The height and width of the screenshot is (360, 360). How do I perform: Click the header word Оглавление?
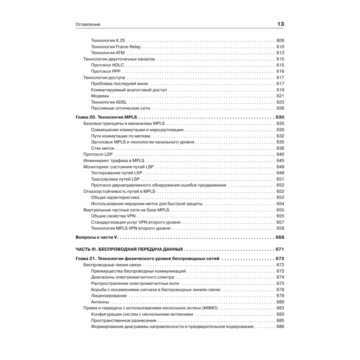[x=88, y=24]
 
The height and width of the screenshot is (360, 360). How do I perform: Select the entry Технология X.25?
[x=108, y=40]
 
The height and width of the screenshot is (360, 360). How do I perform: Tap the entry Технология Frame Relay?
[x=116, y=46]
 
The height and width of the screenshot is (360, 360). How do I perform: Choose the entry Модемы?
[x=100, y=96]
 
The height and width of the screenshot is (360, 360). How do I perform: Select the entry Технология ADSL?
[x=109, y=102]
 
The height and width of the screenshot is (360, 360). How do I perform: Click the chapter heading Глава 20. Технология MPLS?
[x=107, y=117]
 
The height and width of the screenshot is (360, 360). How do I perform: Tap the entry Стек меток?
[x=103, y=148]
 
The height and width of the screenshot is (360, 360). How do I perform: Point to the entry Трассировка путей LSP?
[x=115, y=179]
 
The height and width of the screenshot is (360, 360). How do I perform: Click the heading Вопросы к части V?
[x=98, y=237]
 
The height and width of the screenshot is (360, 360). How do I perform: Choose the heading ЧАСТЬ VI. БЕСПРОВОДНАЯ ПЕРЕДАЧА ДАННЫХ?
[x=130, y=249]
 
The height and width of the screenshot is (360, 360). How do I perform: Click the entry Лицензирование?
[x=109, y=296]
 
